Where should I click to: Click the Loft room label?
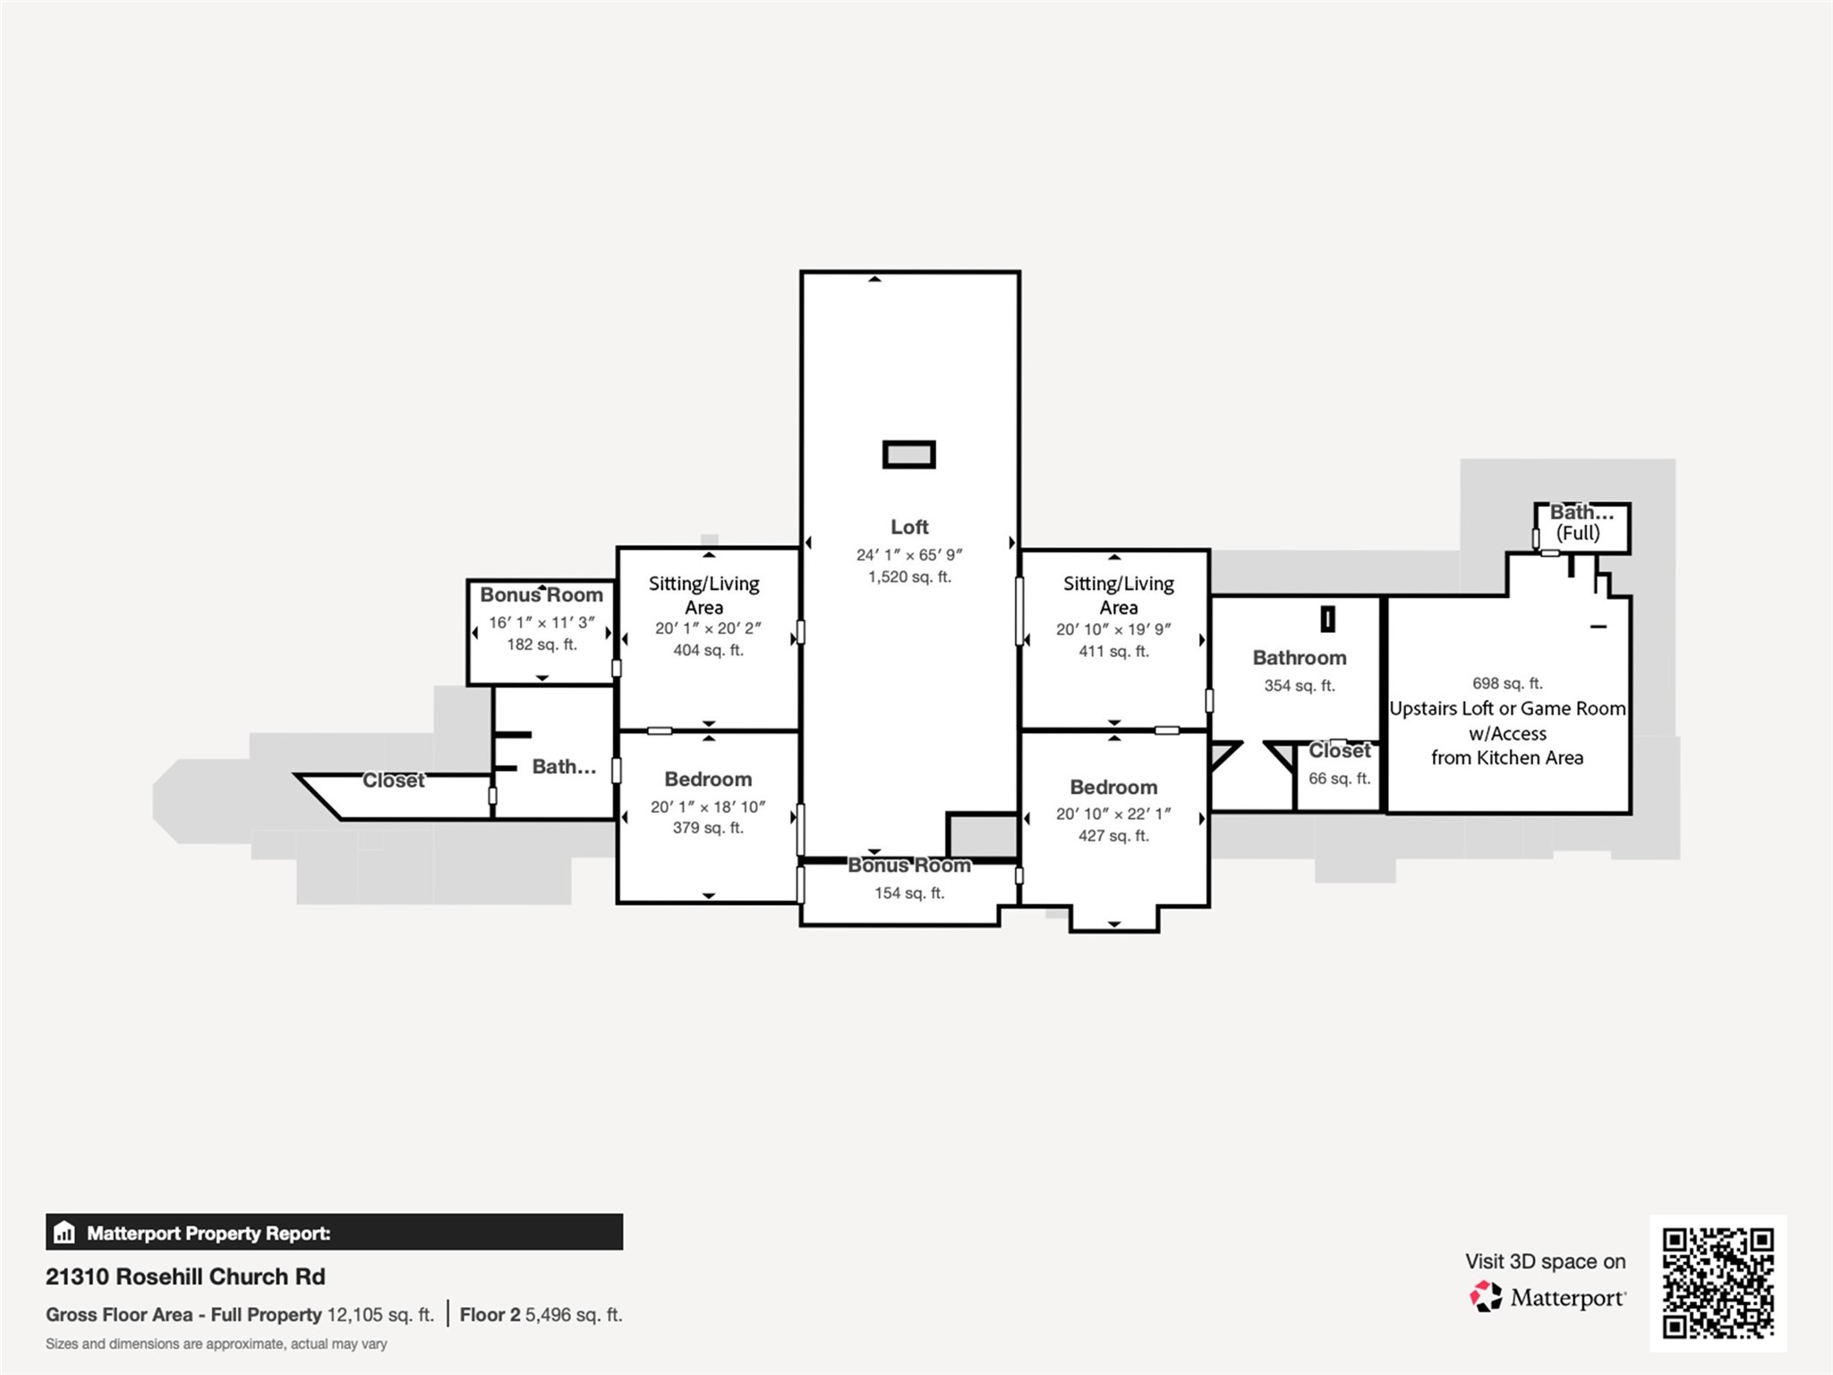tap(908, 527)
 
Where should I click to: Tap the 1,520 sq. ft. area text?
tap(908, 577)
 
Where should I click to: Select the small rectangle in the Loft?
tap(908, 455)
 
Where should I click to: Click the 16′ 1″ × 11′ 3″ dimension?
tap(541, 623)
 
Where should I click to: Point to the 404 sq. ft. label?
tap(708, 651)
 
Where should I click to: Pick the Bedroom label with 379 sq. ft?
tap(708, 780)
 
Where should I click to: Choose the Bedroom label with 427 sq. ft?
tap(1113, 788)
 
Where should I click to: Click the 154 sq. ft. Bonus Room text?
tap(908, 893)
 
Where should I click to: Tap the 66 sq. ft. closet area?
tap(1339, 779)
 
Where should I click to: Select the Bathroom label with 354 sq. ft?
tap(1299, 659)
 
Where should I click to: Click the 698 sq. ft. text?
tap(1506, 684)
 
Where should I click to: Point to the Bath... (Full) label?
tap(1581, 523)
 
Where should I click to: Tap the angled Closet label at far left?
tap(393, 781)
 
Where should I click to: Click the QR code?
tap(1718, 1283)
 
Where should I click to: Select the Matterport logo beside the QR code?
tap(1487, 1296)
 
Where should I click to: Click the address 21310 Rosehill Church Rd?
tap(185, 1277)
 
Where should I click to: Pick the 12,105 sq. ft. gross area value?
tap(379, 1315)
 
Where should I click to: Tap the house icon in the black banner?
tap(64, 1233)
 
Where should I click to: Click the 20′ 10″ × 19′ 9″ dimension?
tap(1113, 630)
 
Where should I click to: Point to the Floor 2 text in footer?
tap(490, 1315)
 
